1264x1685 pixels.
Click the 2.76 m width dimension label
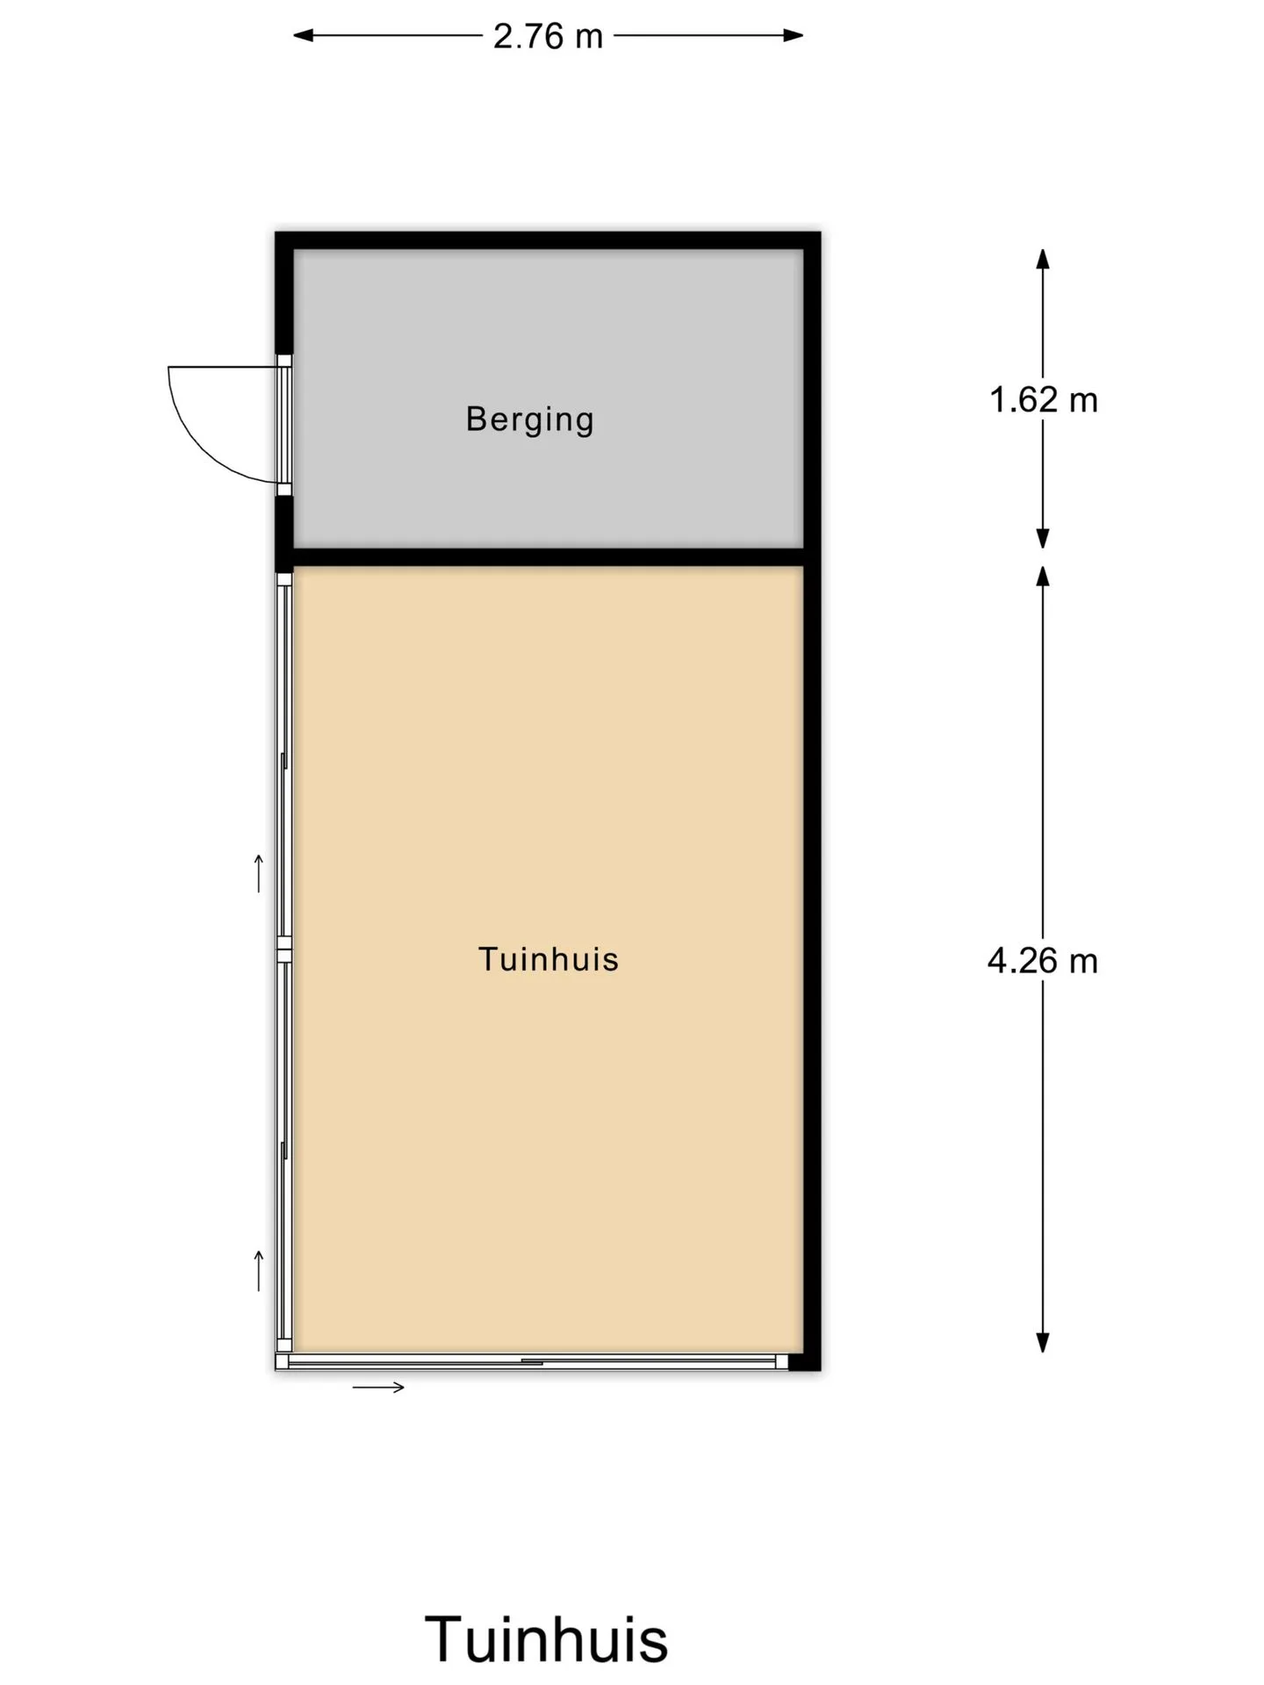tap(548, 36)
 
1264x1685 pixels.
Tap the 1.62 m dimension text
tap(1043, 400)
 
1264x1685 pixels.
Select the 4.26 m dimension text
tap(1043, 961)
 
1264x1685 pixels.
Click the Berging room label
tap(529, 419)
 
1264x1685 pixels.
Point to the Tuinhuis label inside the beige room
tap(549, 959)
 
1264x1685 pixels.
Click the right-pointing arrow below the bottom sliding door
tap(378, 1387)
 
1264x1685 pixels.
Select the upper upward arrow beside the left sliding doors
tap(259, 872)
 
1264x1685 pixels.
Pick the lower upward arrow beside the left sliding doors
tap(259, 1271)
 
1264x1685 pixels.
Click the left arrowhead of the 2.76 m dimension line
tap(303, 36)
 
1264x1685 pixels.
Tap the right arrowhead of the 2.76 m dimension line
tap(794, 36)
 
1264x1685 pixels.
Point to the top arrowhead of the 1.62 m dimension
tap(1043, 259)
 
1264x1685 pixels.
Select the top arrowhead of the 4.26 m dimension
tap(1043, 576)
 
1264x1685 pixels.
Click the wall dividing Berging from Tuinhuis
tap(549, 557)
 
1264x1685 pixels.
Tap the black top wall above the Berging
tap(548, 240)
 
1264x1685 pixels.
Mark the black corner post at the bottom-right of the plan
tap(804, 1362)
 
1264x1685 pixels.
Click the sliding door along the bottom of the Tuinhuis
tap(532, 1362)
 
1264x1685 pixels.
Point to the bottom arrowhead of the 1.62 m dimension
tap(1043, 539)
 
